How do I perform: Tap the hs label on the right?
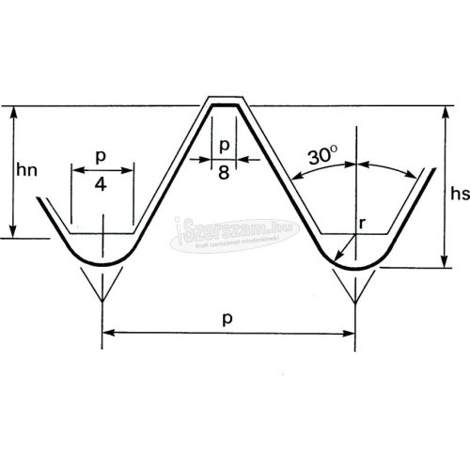point(459,195)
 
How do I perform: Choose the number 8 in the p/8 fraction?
point(224,172)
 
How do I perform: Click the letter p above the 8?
point(224,148)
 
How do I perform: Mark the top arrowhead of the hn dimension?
point(12,112)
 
